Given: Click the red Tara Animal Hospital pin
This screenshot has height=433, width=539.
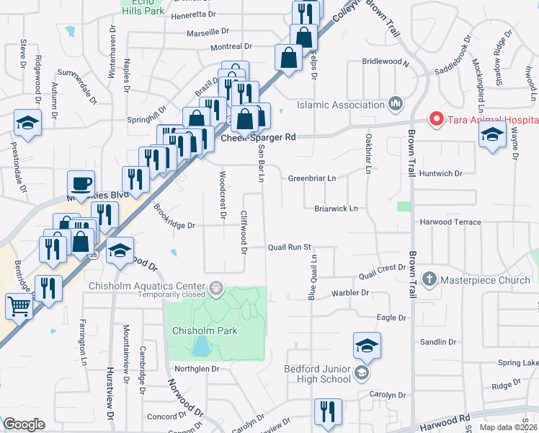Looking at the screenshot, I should click(x=435, y=119).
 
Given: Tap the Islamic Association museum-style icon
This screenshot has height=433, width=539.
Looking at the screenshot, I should click(x=395, y=105).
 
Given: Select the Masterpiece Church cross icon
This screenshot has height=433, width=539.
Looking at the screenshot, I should click(x=429, y=279).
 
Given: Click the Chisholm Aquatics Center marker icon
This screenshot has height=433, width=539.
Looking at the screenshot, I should click(x=215, y=289).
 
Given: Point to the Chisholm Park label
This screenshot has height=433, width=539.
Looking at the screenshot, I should click(x=205, y=331).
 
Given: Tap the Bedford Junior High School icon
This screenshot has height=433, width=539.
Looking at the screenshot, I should click(x=361, y=373).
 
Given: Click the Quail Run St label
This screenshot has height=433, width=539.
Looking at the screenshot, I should click(x=289, y=247).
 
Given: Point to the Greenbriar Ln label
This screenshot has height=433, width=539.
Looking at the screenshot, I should click(x=312, y=178).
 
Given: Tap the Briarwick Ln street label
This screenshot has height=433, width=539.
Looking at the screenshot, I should click(x=336, y=209).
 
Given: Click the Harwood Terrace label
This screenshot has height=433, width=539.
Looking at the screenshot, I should click(x=450, y=222).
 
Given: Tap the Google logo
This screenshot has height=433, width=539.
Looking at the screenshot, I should click(x=24, y=424).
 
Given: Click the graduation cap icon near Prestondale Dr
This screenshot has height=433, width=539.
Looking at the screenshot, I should click(x=27, y=123).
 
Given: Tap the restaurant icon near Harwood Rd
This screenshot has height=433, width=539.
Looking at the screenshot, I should click(x=327, y=411).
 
